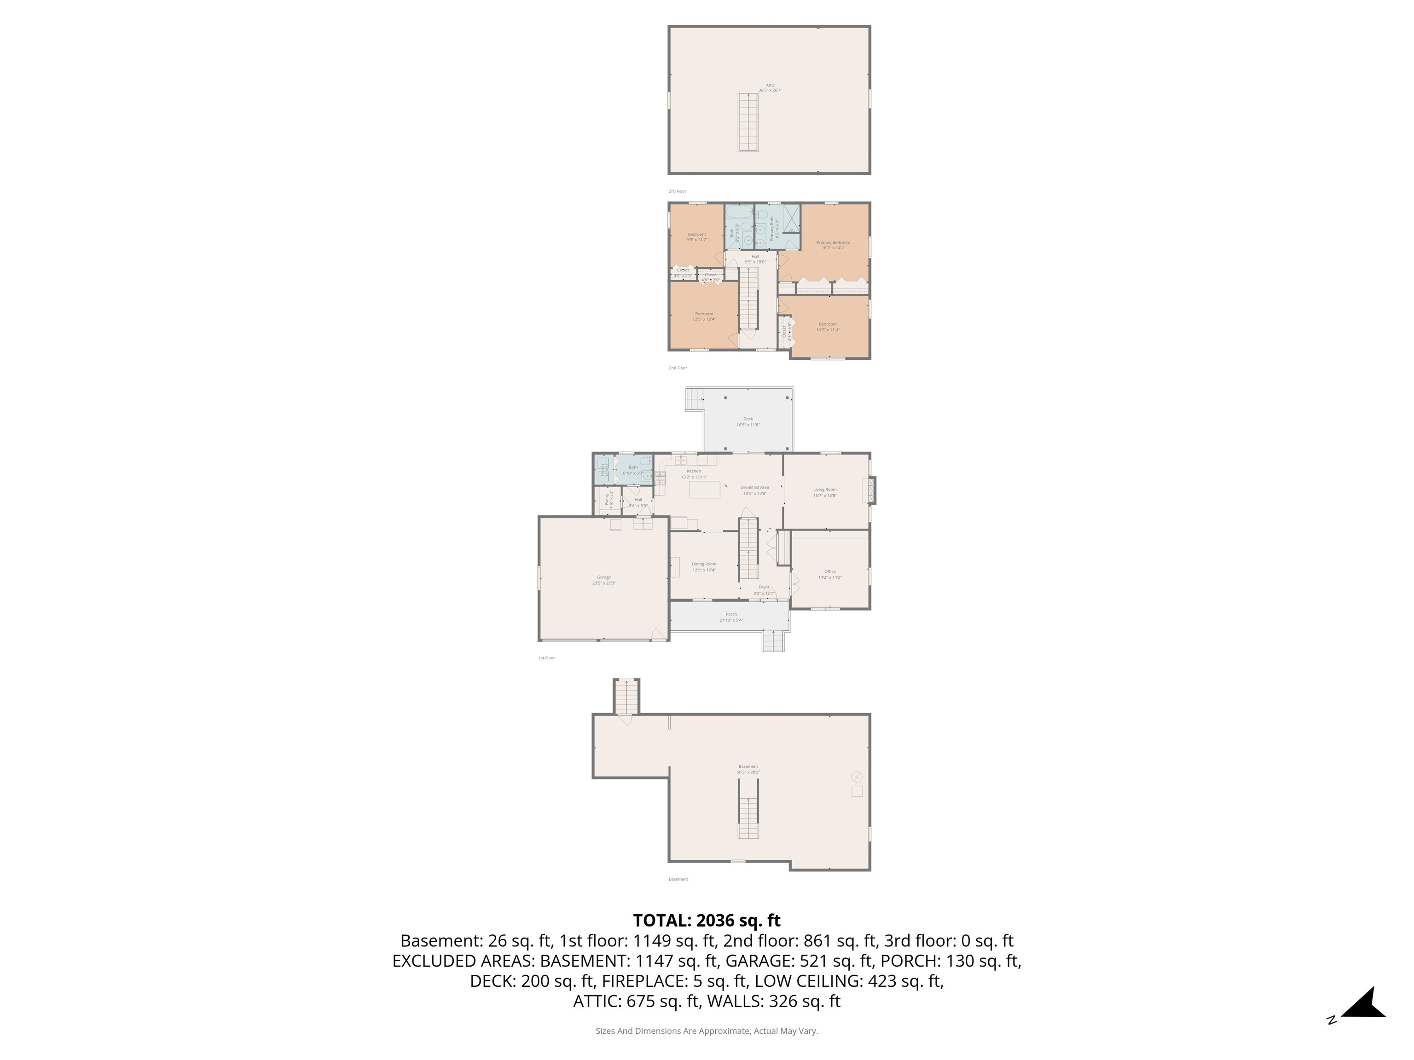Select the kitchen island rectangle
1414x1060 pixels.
704,490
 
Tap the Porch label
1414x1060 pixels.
730,614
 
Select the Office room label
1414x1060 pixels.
830,571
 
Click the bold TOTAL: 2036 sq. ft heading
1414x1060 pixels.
707,920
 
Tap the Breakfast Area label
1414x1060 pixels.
754,488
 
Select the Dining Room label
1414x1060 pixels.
704,564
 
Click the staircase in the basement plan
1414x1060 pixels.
748,818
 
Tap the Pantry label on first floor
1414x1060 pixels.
607,500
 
